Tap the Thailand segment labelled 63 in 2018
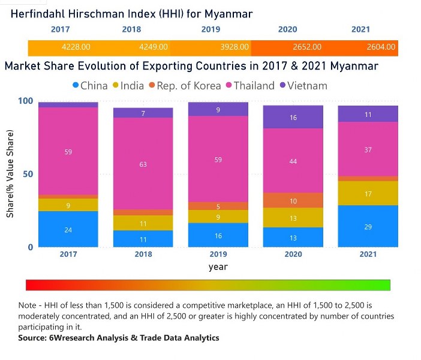click(x=143, y=164)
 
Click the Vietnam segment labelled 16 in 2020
click(x=293, y=118)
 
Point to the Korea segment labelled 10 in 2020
click(x=293, y=200)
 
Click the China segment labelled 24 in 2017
click(x=68, y=229)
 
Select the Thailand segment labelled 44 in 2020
click(x=293, y=161)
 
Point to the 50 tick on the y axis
click(x=26, y=174)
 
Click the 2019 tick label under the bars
click(x=218, y=254)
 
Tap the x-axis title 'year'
click(x=218, y=267)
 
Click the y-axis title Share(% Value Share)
click(x=11, y=174)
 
